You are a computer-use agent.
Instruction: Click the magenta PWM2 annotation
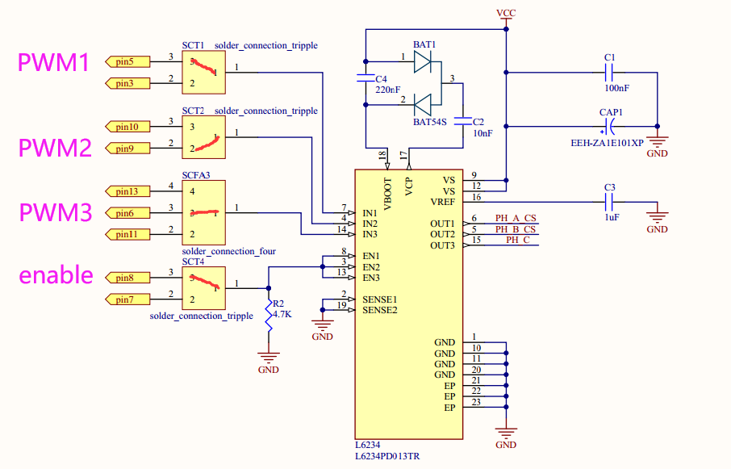(54, 148)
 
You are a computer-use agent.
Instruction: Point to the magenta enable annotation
(56, 274)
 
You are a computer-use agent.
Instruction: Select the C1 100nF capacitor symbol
(611, 72)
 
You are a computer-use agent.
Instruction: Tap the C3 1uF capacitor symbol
(611, 202)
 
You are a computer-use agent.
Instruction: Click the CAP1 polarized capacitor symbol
(611, 126)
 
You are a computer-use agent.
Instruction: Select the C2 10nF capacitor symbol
(463, 122)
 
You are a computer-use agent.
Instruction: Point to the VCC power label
(506, 14)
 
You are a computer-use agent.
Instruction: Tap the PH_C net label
(517, 240)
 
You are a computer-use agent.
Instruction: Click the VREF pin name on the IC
(443, 202)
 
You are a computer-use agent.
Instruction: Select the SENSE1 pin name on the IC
(379, 299)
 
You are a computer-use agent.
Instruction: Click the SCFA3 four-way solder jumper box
(203, 212)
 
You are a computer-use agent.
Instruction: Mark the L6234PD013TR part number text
(386, 456)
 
